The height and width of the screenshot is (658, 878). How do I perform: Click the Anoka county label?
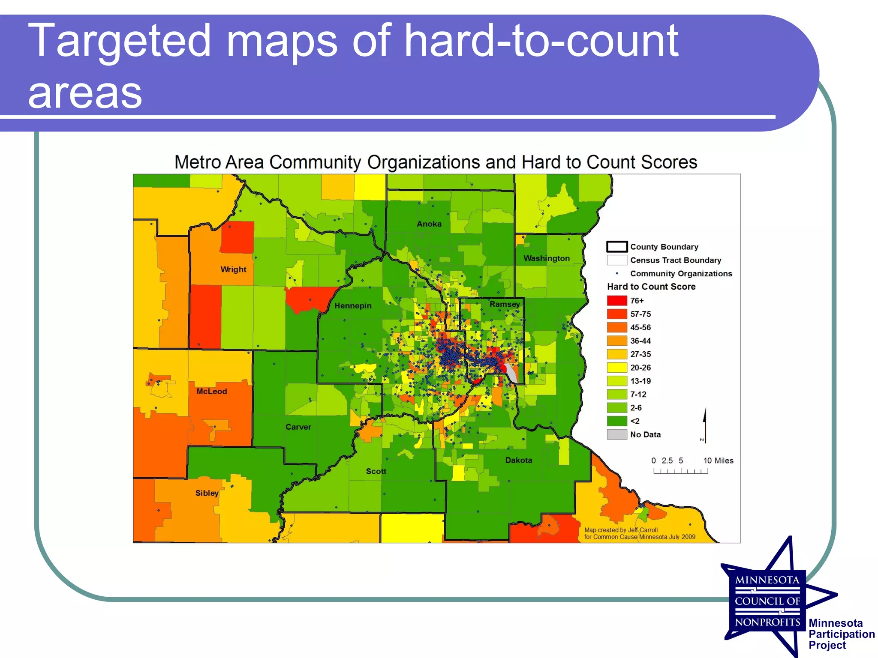[429, 224]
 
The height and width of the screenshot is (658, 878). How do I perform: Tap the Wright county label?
[233, 269]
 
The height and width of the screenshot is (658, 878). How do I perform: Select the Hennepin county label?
[353, 306]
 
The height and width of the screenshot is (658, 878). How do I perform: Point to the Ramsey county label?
[505, 304]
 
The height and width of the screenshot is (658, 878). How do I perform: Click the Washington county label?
[546, 258]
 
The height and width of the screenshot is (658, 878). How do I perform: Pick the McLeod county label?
[211, 392]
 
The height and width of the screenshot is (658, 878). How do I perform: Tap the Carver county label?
[298, 427]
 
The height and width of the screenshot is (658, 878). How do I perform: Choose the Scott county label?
[376, 471]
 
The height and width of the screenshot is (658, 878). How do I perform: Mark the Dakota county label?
[518, 461]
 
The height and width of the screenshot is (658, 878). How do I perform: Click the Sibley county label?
[207, 493]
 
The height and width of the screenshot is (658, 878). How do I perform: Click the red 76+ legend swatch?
[617, 300]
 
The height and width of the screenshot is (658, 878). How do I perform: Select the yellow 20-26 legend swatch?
[617, 368]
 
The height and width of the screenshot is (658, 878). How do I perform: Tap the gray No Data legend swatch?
[617, 434]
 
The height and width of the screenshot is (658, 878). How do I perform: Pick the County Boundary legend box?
[617, 247]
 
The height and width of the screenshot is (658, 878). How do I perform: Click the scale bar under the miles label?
[680, 471]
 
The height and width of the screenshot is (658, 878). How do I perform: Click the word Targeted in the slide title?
[119, 41]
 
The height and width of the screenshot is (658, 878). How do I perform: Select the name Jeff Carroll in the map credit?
[643, 530]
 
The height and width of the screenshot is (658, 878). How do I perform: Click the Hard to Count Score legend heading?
[651, 287]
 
